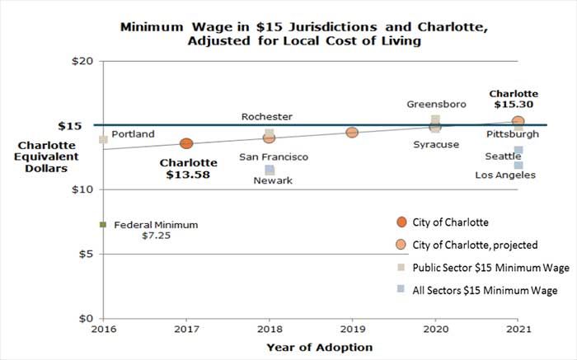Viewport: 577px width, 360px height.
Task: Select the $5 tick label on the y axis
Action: (x=82, y=254)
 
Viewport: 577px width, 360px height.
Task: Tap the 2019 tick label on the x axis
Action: (x=352, y=329)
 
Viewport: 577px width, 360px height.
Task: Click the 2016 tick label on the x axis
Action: (x=103, y=329)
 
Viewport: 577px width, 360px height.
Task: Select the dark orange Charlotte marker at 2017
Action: (x=186, y=144)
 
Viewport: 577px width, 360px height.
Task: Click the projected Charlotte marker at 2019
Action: (x=352, y=133)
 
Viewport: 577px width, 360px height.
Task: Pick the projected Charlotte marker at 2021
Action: (x=518, y=122)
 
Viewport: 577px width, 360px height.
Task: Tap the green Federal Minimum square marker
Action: (x=103, y=224)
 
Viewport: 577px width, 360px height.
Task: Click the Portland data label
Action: (x=133, y=134)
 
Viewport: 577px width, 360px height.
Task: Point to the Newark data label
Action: (x=272, y=181)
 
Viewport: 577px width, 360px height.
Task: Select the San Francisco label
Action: (x=274, y=157)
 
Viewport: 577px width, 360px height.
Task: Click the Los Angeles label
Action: (x=505, y=175)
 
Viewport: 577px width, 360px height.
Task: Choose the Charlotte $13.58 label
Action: (x=188, y=169)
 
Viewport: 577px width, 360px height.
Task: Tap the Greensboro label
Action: (x=436, y=105)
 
